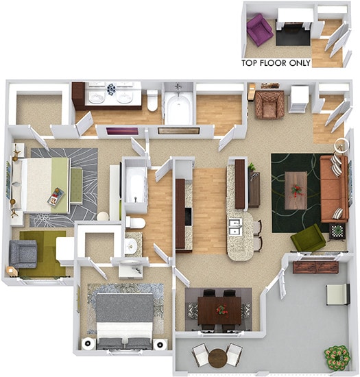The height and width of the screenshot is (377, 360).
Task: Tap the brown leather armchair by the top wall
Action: [x=268, y=105]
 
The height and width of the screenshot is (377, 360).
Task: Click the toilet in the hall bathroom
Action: [x=134, y=222]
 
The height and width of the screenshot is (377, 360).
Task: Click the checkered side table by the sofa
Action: [x=338, y=230]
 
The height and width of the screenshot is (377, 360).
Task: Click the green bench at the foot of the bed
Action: [x=75, y=182]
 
